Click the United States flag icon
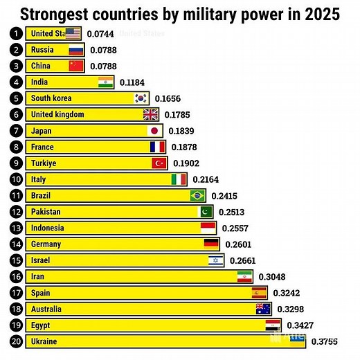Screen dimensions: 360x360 click(x=73, y=33)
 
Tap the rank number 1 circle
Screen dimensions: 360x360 click(x=14, y=33)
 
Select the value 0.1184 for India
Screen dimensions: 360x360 click(x=132, y=82)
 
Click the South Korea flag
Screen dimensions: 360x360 click(x=141, y=98)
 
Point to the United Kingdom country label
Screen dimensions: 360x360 click(x=58, y=114)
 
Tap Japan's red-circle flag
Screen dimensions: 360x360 click(x=155, y=131)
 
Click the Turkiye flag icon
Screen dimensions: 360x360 click(x=160, y=163)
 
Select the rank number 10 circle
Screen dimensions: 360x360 click(x=14, y=179)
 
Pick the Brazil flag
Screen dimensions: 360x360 click(x=198, y=196)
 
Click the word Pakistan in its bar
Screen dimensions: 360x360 click(x=46, y=212)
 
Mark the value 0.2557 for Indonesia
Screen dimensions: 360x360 click(x=236, y=228)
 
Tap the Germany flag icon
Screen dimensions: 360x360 click(x=211, y=244)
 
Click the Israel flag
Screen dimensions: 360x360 click(x=217, y=260)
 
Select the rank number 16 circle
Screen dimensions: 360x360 click(x=14, y=276)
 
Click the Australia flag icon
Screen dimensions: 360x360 click(x=263, y=309)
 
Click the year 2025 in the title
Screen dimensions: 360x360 click(x=319, y=14)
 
